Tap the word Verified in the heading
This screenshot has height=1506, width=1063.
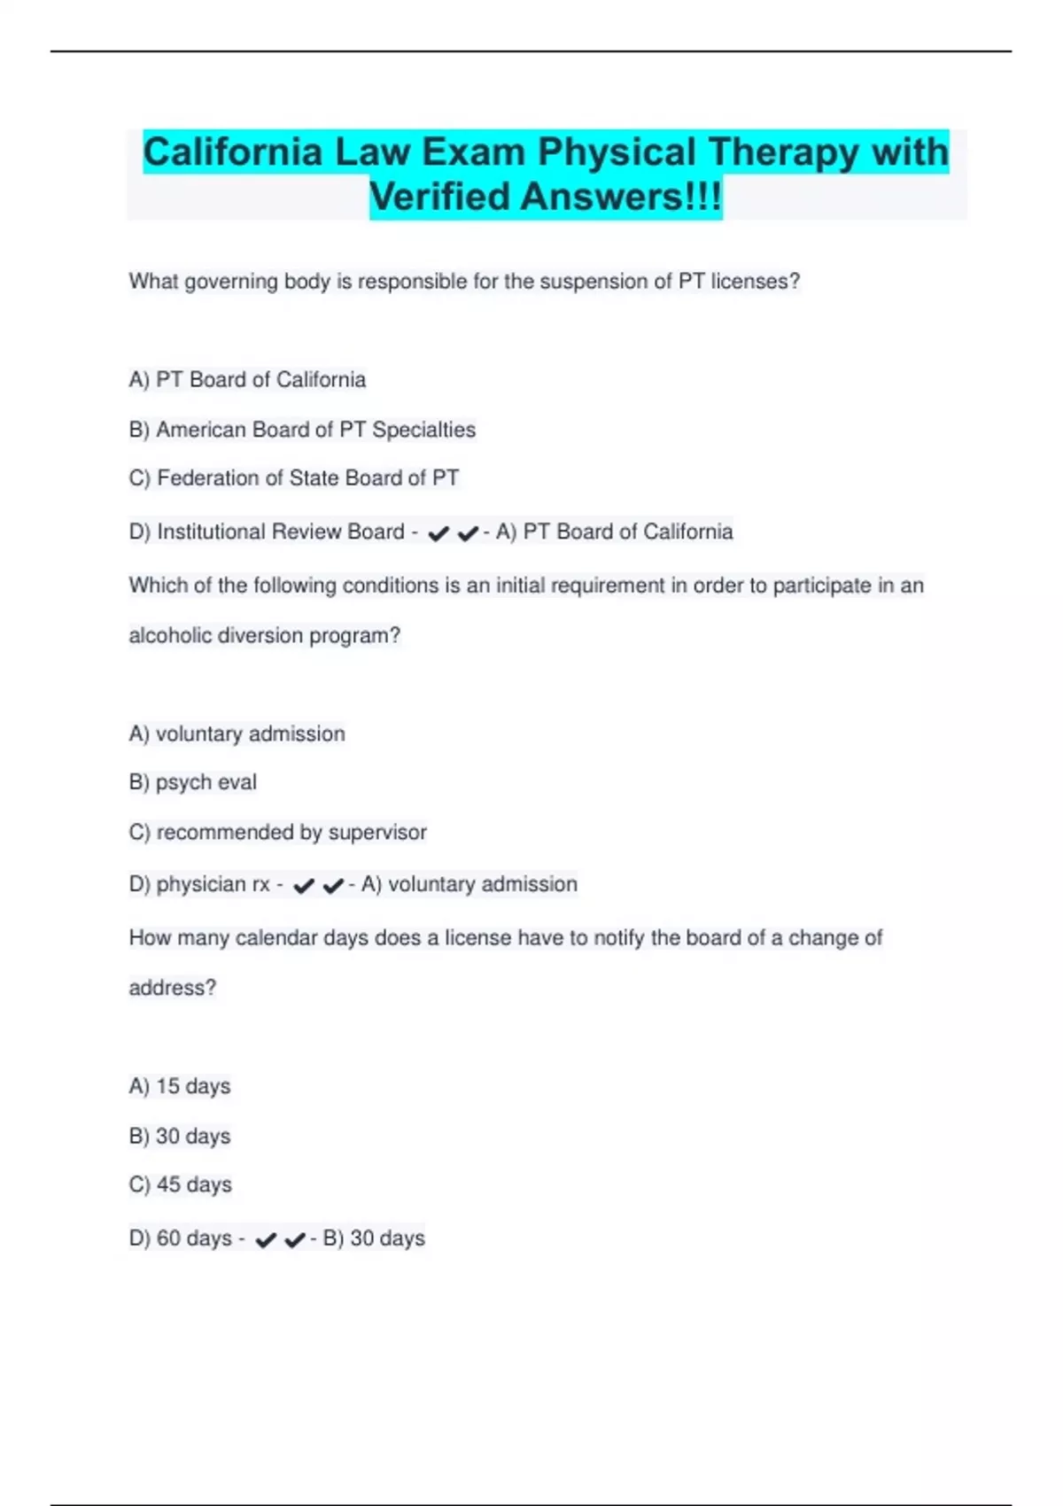point(440,197)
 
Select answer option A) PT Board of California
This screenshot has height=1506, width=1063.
point(247,380)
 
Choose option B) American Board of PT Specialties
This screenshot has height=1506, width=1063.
point(302,430)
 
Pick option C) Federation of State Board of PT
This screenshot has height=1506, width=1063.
point(294,478)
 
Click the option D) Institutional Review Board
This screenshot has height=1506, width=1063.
point(267,532)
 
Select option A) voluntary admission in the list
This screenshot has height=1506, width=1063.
point(237,734)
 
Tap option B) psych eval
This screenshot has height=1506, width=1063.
point(193,782)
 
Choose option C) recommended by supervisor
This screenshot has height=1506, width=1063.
point(277,832)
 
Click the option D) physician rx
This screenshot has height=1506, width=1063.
point(199,884)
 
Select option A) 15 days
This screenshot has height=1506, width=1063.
point(180,1086)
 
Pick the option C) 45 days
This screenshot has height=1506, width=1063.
point(181,1184)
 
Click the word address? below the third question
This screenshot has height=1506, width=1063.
point(173,988)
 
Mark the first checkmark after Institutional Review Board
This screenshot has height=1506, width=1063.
point(438,533)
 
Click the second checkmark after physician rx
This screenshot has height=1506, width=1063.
point(333,886)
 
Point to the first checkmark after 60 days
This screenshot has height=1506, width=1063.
point(265,1240)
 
